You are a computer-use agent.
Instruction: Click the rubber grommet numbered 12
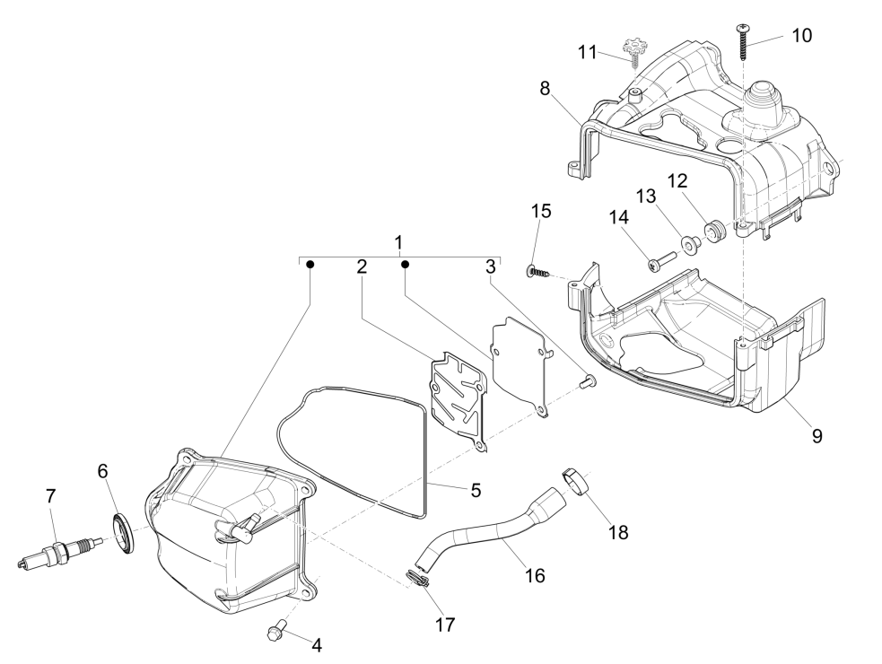[x=715, y=232]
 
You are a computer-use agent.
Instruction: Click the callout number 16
[x=535, y=574]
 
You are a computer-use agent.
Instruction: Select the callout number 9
[x=816, y=437]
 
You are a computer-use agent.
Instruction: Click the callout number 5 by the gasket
[x=476, y=490]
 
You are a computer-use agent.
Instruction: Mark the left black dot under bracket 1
[x=310, y=264]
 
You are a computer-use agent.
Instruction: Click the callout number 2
[x=361, y=266]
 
